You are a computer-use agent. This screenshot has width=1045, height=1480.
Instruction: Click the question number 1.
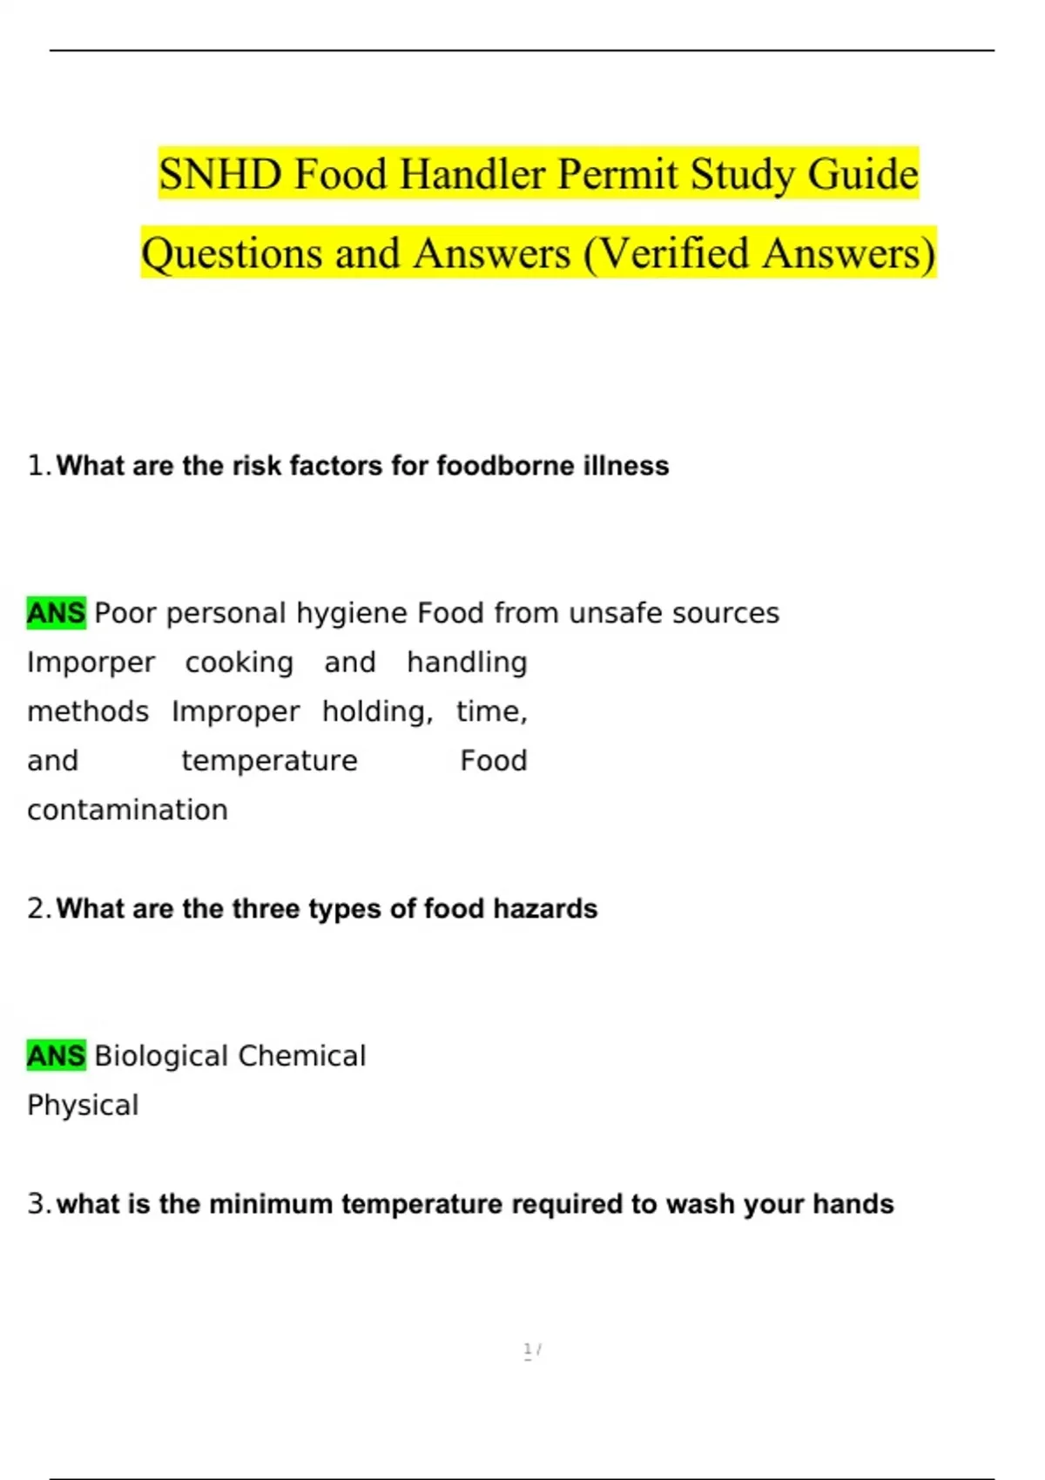(37, 466)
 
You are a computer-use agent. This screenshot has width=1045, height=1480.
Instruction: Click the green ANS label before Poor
(57, 613)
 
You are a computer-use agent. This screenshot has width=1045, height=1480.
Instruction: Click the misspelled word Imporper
(91, 663)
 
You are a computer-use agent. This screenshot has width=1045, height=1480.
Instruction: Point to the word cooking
(239, 663)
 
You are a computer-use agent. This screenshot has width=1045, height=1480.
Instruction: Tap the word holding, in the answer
(377, 712)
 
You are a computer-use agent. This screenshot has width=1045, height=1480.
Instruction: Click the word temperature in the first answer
(269, 761)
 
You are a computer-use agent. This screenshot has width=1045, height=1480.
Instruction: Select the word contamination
(127, 810)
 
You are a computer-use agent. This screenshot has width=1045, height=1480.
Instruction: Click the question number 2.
(37, 909)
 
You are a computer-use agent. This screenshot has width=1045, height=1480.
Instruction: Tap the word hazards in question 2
(545, 909)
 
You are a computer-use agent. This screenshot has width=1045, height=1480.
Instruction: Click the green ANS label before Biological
(57, 1056)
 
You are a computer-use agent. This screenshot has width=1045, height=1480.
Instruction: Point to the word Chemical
(301, 1056)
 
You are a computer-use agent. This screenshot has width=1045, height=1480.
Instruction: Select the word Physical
(83, 1106)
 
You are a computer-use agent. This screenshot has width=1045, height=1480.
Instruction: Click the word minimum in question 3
(271, 1204)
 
